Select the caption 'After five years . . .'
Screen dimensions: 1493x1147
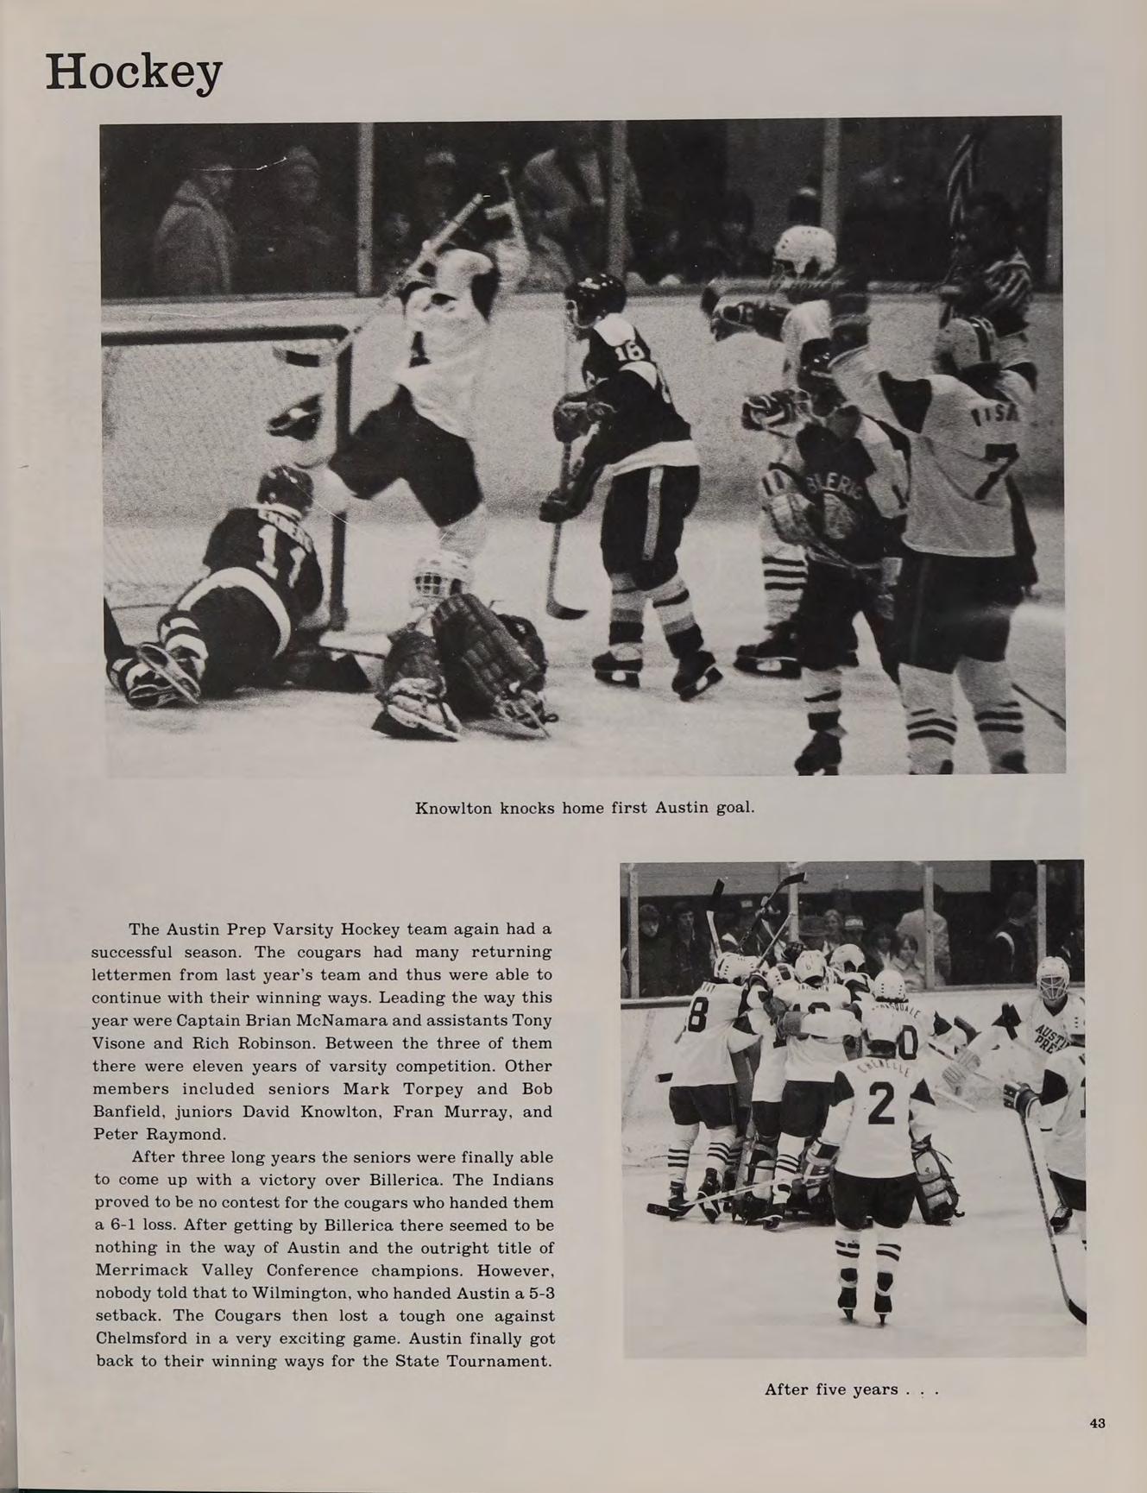(850, 1389)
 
